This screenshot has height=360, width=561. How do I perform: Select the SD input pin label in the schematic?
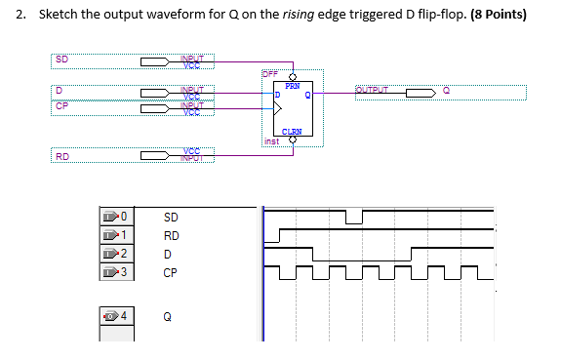click(x=61, y=59)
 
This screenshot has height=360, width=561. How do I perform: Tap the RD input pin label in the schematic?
click(x=61, y=156)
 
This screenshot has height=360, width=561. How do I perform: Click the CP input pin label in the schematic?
click(x=61, y=106)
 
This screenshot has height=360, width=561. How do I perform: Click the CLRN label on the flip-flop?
click(x=291, y=132)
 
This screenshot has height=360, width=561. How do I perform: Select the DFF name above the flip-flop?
click(x=270, y=73)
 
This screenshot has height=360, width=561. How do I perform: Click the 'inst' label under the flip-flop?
click(x=273, y=141)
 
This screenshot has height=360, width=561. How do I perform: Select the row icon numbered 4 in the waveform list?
click(x=115, y=316)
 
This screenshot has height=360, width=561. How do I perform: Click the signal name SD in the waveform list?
click(x=171, y=217)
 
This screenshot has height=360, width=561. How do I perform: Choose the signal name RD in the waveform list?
click(x=171, y=235)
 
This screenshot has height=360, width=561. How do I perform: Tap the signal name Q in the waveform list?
click(x=168, y=316)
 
